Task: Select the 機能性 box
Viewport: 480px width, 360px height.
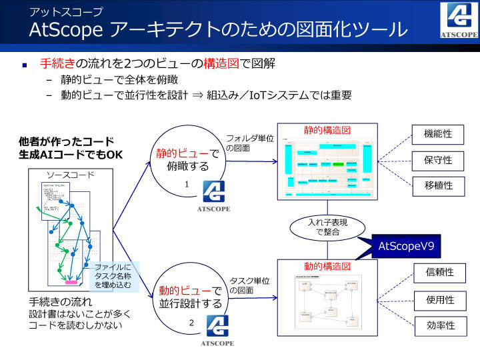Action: point(438,134)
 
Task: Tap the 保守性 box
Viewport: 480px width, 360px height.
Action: point(438,160)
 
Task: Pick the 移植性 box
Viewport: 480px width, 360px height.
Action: point(438,185)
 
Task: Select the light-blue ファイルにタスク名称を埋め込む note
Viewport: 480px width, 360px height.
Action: point(114,276)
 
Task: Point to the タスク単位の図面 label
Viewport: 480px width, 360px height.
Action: point(249,285)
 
